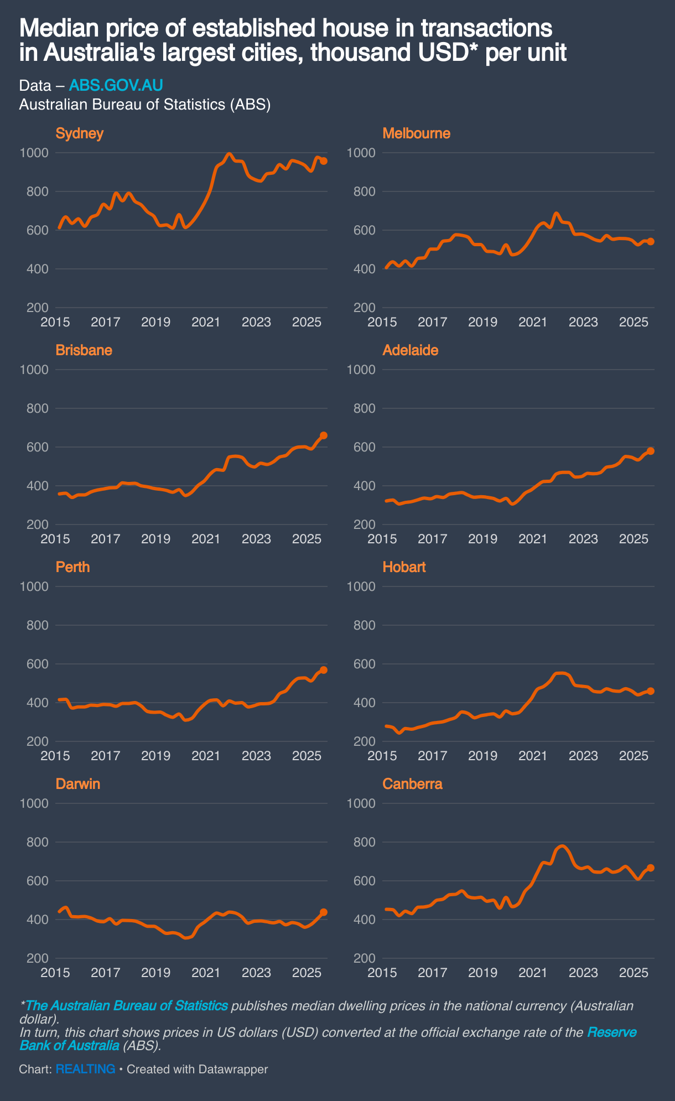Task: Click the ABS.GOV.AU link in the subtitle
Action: pos(116,85)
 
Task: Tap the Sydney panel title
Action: pos(80,133)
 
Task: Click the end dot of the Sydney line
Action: pos(324,161)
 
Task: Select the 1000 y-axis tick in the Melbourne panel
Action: pos(361,153)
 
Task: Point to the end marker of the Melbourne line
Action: pos(651,241)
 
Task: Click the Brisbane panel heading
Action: pos(84,350)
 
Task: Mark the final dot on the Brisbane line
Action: pos(324,435)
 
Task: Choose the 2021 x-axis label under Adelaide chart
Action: pos(533,538)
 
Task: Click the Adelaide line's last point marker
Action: pos(651,451)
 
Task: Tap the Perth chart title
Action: pos(72,567)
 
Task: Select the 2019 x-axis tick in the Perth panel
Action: pos(155,755)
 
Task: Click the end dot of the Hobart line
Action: pos(651,691)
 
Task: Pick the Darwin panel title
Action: pos(78,784)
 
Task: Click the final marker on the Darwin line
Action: pos(324,912)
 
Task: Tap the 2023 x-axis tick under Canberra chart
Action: pos(583,972)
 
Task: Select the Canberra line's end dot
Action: pos(651,868)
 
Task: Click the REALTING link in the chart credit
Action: pos(85,1069)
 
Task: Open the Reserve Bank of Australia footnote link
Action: pos(611,1032)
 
